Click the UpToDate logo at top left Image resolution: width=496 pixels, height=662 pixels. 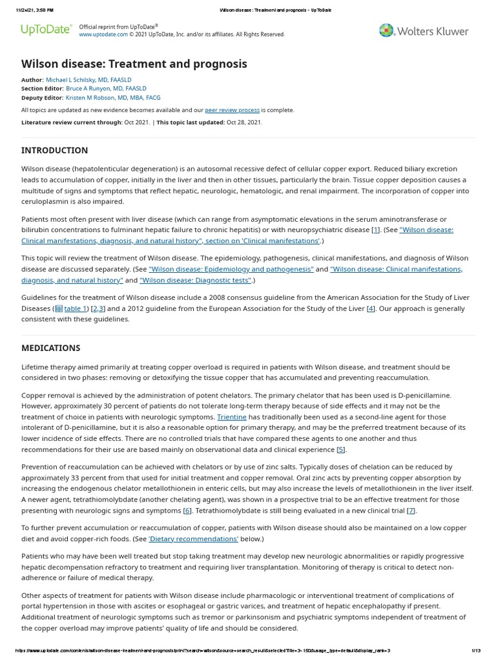pos(46,30)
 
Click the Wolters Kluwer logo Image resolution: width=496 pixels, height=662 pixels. pos(423,30)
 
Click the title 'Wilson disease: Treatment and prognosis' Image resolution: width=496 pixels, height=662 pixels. pos(134,63)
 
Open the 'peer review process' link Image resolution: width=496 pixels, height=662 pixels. pos(232,110)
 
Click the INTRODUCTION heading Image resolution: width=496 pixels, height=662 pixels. pos(55,150)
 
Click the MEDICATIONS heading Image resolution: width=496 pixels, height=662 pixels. pos(51,348)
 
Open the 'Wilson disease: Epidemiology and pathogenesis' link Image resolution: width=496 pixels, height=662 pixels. pos(231,269)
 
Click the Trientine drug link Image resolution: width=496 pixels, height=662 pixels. pos(232,417)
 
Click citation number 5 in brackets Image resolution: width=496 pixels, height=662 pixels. pos(341,449)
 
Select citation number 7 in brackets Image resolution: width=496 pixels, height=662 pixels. pos(411,510)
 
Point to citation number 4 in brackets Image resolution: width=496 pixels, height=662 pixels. pos(371,308)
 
